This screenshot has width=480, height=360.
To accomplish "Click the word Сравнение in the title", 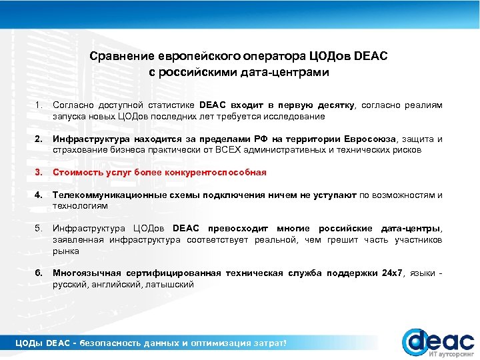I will [x=123, y=56].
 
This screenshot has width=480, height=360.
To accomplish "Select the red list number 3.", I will [x=39, y=173].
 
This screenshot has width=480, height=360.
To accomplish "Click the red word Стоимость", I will [x=79, y=173].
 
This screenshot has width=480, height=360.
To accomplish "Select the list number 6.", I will [x=39, y=273].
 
